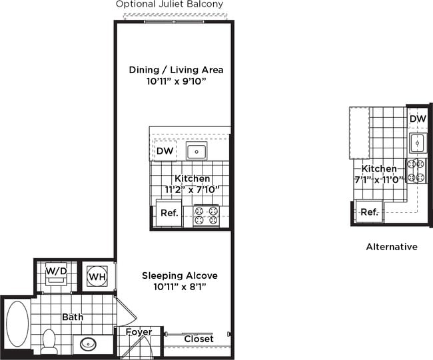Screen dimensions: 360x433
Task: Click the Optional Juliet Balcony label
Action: click(x=169, y=4)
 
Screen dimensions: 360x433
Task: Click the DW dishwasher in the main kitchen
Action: click(x=165, y=151)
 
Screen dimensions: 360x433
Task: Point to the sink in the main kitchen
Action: click(x=196, y=151)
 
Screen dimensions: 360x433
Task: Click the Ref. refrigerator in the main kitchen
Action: click(x=168, y=214)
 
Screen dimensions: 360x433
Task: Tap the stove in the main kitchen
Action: click(x=206, y=214)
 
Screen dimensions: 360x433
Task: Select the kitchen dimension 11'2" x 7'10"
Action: click(x=192, y=190)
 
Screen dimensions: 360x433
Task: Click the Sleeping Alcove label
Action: click(x=180, y=275)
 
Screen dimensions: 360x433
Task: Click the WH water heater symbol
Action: click(x=96, y=276)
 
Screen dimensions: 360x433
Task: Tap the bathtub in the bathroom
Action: click(x=17, y=323)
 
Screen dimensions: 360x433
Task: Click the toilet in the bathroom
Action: click(x=49, y=340)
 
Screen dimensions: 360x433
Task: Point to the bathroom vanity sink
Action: click(x=89, y=344)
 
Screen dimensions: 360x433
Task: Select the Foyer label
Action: click(x=139, y=332)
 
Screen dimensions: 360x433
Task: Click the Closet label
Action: click(x=199, y=339)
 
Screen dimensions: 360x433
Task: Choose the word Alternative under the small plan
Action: click(x=392, y=247)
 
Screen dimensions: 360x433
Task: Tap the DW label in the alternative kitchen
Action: click(x=418, y=119)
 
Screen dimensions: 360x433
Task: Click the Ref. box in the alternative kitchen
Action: click(x=369, y=212)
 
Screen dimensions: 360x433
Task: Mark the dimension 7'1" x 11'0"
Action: click(x=378, y=180)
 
